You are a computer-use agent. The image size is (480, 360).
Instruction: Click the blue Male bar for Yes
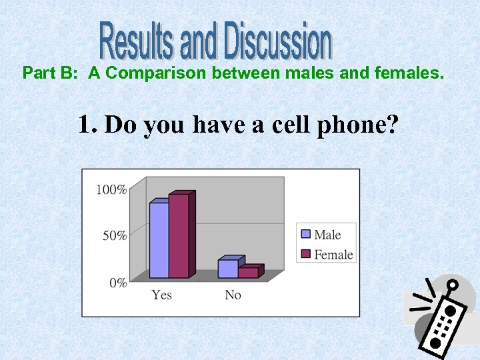click(x=159, y=240)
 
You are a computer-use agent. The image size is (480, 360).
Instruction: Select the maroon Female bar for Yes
click(x=179, y=236)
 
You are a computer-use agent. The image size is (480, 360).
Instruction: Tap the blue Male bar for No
click(x=228, y=268)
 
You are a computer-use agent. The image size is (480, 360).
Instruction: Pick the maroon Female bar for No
click(x=248, y=272)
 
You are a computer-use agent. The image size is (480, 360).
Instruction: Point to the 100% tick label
click(x=111, y=190)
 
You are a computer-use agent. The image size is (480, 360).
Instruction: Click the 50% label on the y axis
click(x=114, y=235)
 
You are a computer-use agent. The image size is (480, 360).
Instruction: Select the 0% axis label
click(x=117, y=283)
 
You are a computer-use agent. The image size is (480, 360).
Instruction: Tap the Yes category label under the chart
click(x=161, y=295)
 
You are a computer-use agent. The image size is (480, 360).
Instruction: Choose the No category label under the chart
click(x=233, y=295)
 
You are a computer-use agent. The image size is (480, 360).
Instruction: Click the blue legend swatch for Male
click(x=306, y=234)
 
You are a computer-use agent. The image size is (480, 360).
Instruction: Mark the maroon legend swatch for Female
click(x=306, y=254)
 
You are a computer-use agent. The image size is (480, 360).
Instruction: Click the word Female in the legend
click(x=333, y=254)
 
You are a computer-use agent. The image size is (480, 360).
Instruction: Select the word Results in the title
click(x=138, y=41)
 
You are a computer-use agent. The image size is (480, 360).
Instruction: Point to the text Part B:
click(x=51, y=73)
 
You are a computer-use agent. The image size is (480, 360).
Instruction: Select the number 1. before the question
click(x=88, y=124)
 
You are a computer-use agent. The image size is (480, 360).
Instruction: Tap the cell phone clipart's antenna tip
click(x=453, y=285)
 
